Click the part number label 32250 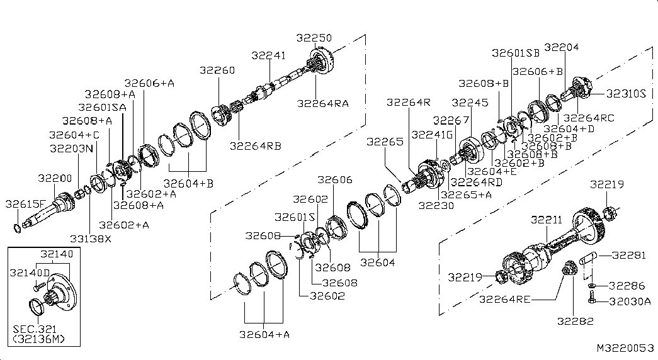(x=314, y=38)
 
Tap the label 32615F (x=25, y=204)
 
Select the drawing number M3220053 (x=626, y=348)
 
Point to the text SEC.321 (x=35, y=329)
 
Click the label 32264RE (x=505, y=299)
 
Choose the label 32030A (x=630, y=301)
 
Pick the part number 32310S (x=626, y=94)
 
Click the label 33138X (x=91, y=239)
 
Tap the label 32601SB (x=516, y=53)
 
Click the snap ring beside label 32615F (x=16, y=228)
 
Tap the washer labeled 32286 (x=592, y=286)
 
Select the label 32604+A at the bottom (x=264, y=334)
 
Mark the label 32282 (x=576, y=322)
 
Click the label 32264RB (x=255, y=146)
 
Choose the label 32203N (x=72, y=149)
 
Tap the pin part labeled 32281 (x=588, y=259)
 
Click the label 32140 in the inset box (x=57, y=254)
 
